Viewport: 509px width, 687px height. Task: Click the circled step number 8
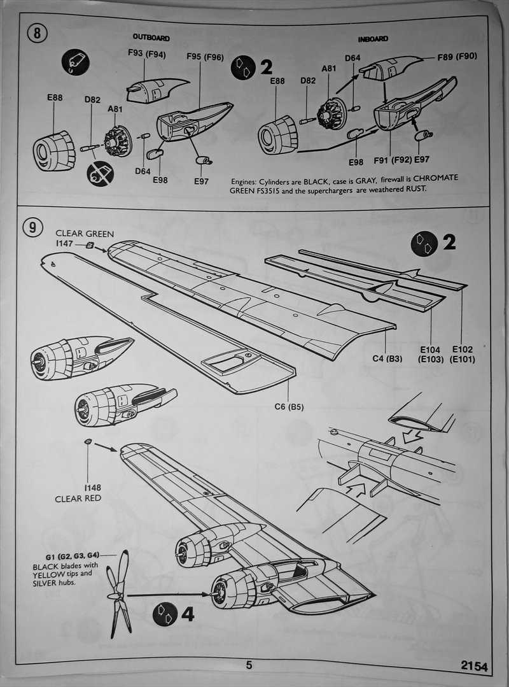click(x=36, y=33)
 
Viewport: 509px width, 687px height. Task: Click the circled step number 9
click(x=33, y=226)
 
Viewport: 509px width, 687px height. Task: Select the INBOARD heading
click(x=373, y=39)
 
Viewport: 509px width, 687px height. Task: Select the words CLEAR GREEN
click(x=85, y=233)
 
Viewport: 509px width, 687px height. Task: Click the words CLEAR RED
click(x=78, y=498)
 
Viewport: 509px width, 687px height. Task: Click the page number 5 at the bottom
click(x=249, y=665)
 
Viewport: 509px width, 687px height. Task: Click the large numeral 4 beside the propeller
click(x=187, y=614)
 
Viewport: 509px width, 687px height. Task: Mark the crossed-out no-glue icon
click(x=101, y=173)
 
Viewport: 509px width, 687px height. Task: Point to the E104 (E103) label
click(x=431, y=354)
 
